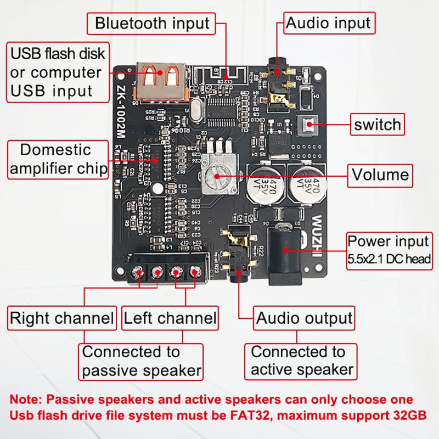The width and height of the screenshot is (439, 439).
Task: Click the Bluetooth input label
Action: click(152, 24)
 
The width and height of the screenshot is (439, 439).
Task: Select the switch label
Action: click(378, 124)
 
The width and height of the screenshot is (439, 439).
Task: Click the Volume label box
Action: click(380, 175)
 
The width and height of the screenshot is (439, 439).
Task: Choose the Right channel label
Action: click(61, 318)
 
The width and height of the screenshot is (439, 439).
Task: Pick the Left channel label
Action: click(170, 318)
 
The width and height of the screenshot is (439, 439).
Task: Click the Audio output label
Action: click(304, 318)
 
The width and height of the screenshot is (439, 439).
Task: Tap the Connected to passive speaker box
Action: click(141, 361)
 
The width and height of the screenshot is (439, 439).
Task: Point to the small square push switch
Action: click(307, 126)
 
